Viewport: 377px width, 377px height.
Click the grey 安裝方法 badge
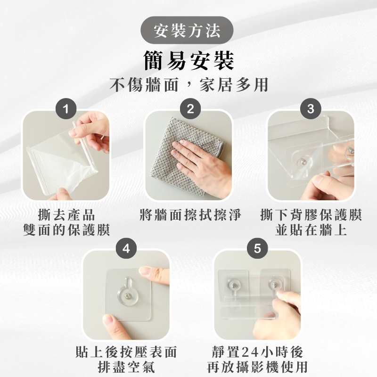tap(187, 30)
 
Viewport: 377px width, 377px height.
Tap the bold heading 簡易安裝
tap(188, 61)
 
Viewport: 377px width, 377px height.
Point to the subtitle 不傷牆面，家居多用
tap(189, 85)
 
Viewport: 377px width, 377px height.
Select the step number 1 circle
tap(66, 109)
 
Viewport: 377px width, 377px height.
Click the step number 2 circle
tap(190, 109)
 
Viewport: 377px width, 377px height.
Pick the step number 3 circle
tap(311, 109)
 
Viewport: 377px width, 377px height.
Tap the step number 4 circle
tap(126, 248)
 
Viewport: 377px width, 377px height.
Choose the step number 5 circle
tap(257, 248)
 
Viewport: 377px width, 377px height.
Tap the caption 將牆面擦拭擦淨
tap(190, 215)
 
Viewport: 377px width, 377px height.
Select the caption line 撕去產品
tap(66, 215)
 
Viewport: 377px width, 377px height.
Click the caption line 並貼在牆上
tap(311, 229)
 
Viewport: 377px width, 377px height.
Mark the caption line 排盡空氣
tap(126, 367)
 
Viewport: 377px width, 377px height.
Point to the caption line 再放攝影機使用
tap(257, 367)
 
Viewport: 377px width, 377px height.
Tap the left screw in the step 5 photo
tap(233, 286)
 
